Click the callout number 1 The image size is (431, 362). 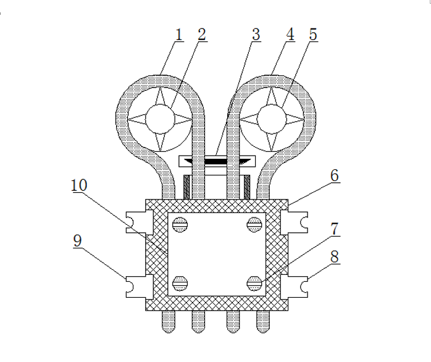tap(179, 35)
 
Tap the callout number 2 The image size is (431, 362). tap(202, 35)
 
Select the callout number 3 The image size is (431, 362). tap(256, 35)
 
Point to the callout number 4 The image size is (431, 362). tap(290, 35)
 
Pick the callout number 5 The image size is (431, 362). tap(313, 35)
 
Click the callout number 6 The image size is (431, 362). tap(335, 175)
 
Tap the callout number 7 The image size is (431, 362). tap(335, 229)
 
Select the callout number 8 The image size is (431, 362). tap(335, 257)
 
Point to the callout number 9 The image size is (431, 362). tap(78, 241)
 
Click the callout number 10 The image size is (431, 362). tap(79, 185)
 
